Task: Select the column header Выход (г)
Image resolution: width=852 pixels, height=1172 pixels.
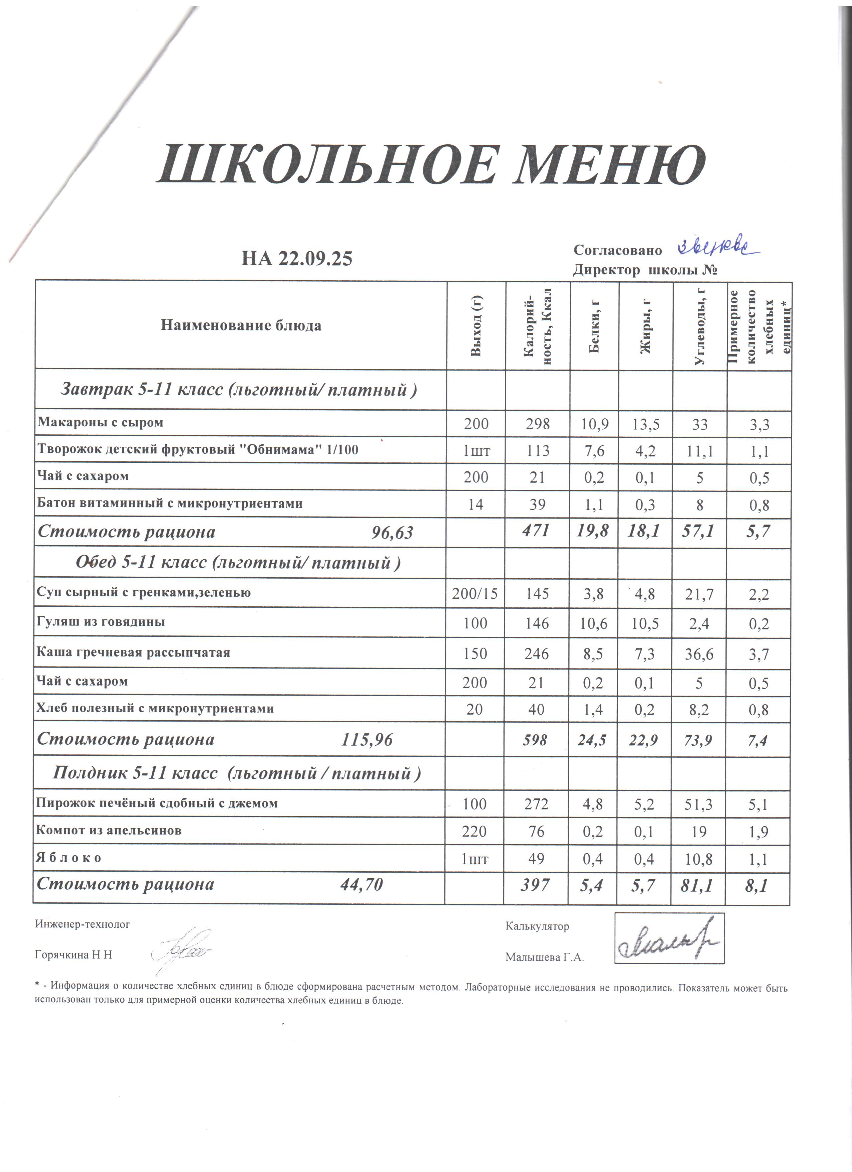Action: pos(476,325)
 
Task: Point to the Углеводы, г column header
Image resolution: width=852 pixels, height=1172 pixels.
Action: pos(700,325)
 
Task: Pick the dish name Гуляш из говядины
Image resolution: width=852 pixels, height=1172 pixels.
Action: pos(101,622)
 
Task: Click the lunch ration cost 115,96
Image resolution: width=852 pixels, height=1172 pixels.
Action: pos(367,740)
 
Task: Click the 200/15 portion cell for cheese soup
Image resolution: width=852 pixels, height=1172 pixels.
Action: pos(475,594)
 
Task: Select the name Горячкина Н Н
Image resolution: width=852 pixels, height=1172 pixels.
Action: pos(74,955)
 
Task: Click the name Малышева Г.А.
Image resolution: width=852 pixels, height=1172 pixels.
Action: pos(545,957)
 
